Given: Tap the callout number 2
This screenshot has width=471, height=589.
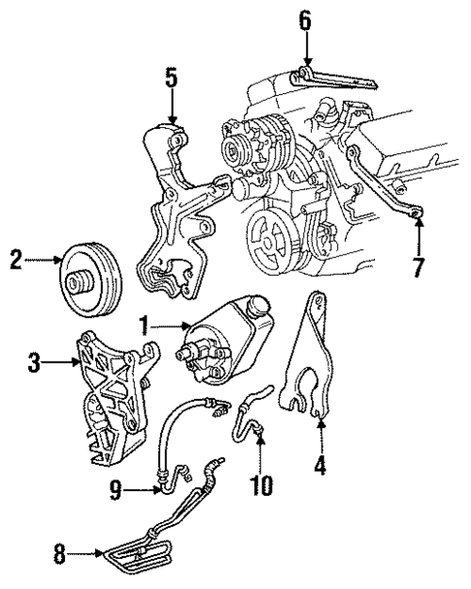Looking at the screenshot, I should pos(14,260).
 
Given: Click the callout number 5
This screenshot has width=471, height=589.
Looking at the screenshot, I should pos(172,79).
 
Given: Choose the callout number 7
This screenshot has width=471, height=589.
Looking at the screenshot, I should pos(419,267).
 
